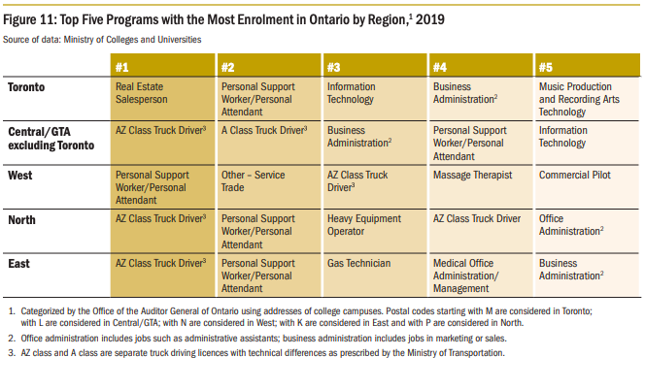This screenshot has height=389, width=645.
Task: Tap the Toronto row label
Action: pyautogui.click(x=26, y=87)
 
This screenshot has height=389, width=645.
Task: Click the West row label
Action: pyautogui.click(x=20, y=176)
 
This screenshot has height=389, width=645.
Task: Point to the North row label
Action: pyautogui.click(x=21, y=220)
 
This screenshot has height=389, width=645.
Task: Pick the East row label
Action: pyautogui.click(x=18, y=263)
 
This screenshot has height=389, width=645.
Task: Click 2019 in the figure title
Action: pyautogui.click(x=430, y=19)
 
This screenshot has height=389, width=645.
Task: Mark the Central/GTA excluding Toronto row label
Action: pyautogui.click(x=51, y=139)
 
